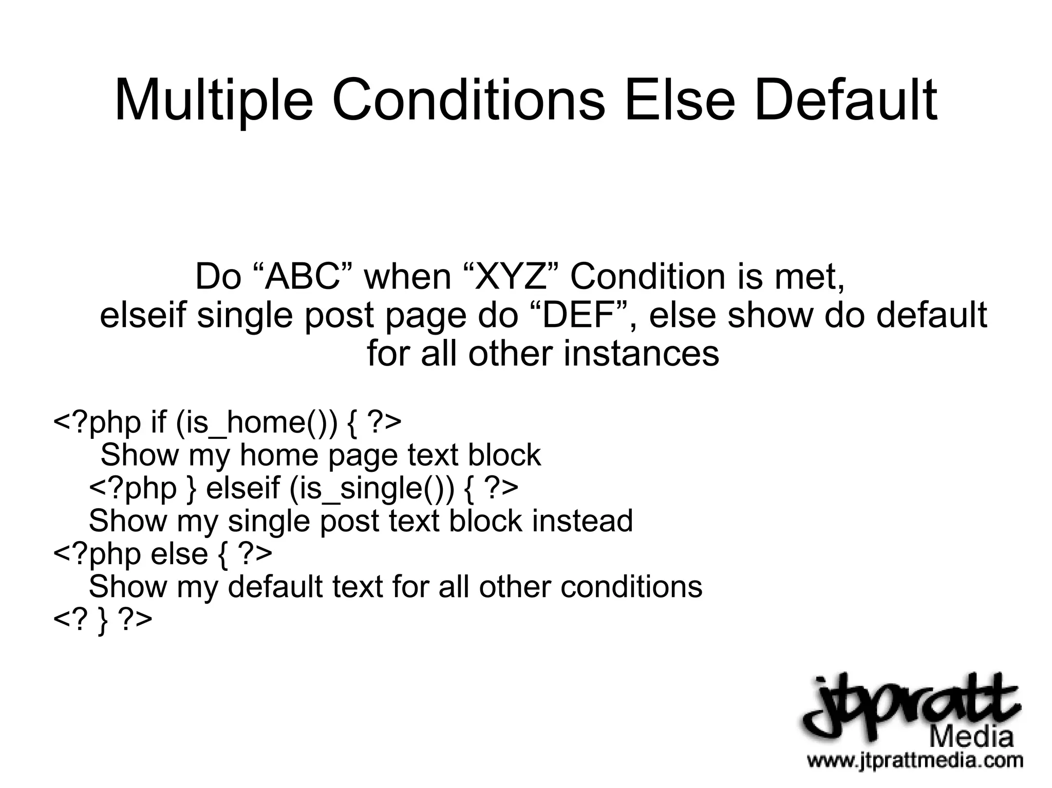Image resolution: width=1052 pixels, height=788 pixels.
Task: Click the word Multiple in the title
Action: (x=213, y=102)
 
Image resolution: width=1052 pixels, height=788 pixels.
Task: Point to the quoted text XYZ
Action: (x=509, y=277)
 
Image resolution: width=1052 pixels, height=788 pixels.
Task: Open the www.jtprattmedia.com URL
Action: (x=914, y=760)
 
